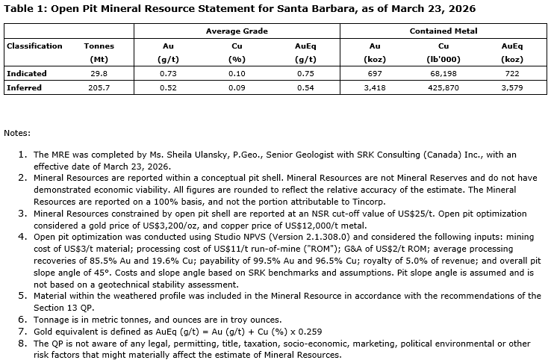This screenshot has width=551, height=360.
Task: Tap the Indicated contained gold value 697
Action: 370,73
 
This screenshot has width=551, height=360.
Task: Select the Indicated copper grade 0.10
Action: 237,73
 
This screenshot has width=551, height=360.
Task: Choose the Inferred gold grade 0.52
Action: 168,87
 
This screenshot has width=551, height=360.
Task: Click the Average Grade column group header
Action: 237,31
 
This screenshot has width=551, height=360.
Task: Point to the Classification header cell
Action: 34,46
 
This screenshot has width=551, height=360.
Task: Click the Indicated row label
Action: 27,73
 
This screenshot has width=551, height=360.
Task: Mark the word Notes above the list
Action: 17,133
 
